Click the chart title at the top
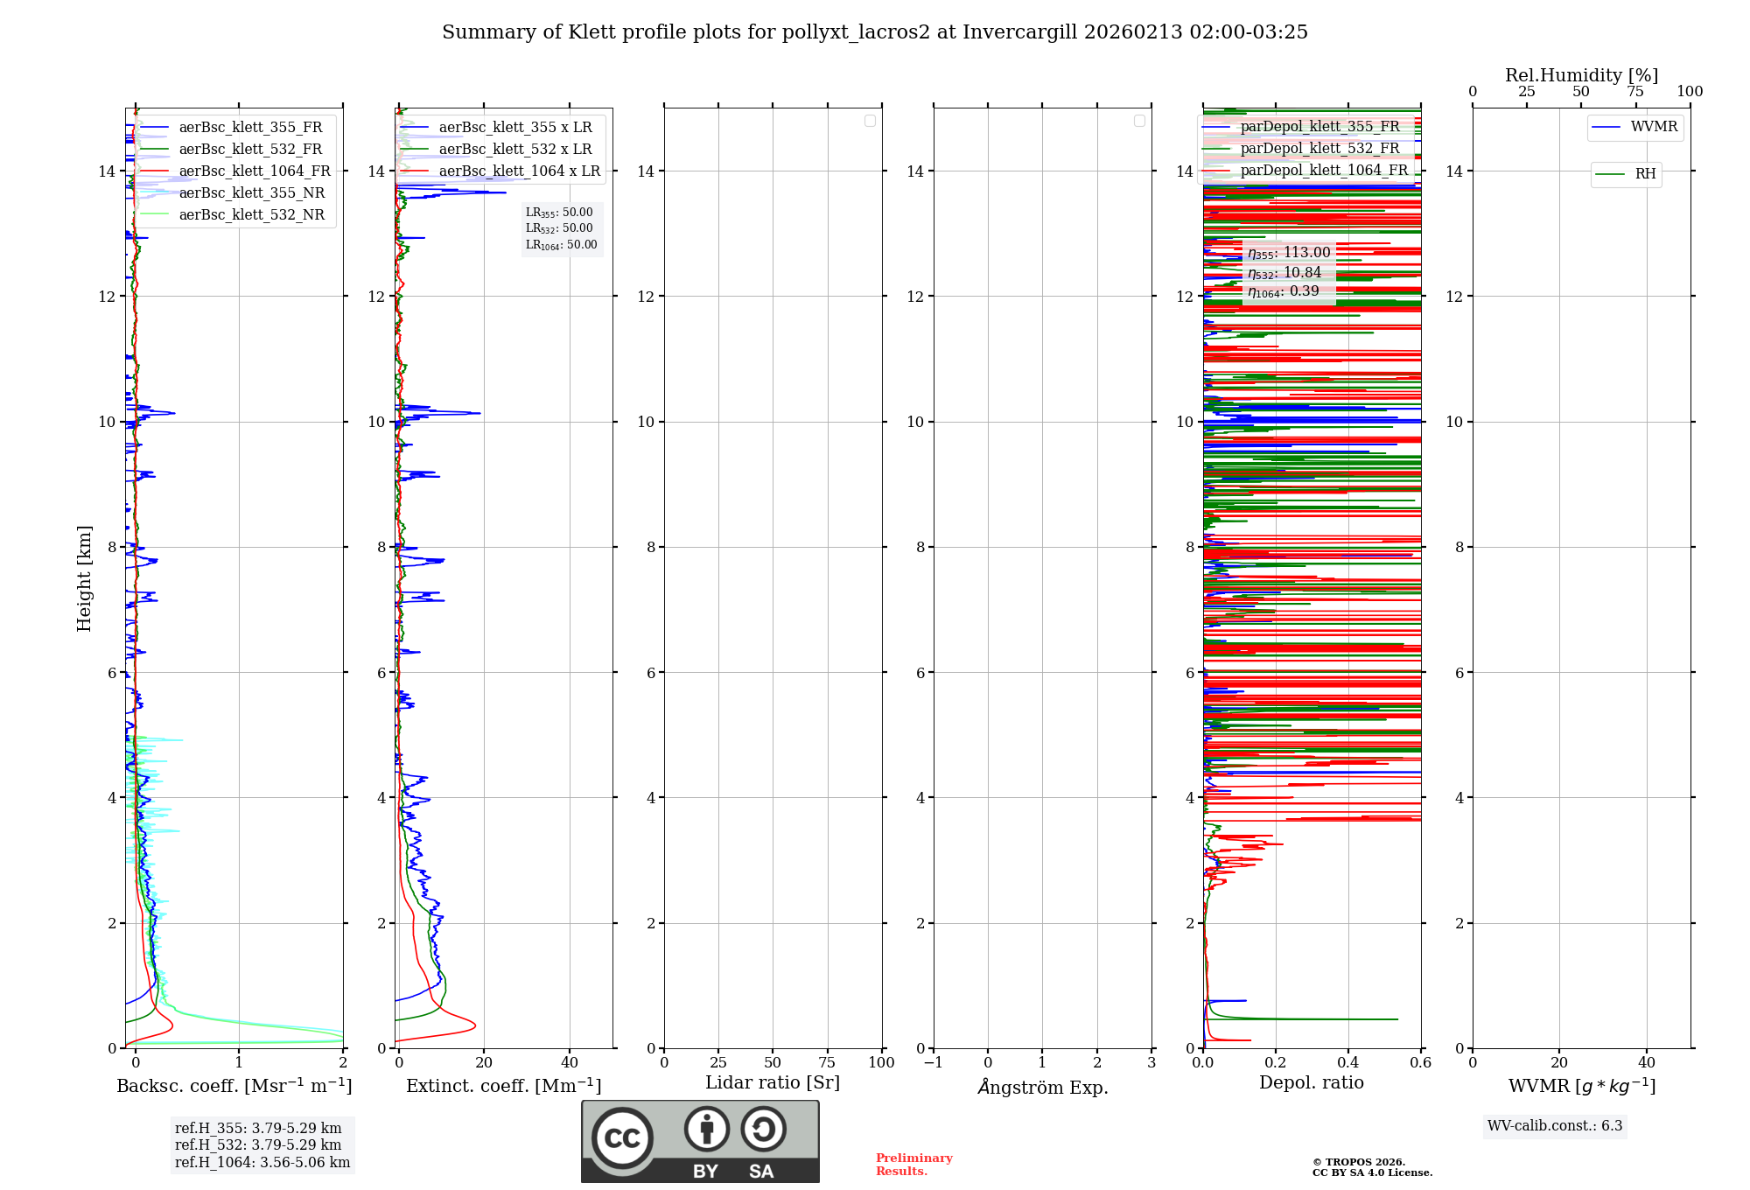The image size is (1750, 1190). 874,32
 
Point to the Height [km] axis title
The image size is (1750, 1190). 84,577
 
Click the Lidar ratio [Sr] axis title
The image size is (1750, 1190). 772,1083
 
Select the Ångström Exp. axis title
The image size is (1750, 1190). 1042,1087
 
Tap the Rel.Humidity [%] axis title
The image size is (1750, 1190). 1581,75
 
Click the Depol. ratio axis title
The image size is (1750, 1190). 1311,1083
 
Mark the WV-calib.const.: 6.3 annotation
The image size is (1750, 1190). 1554,1126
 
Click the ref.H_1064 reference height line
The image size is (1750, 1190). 262,1162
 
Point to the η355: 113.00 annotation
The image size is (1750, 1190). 1289,253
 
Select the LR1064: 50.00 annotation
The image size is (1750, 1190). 561,245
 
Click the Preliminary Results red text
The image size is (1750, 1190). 913,1165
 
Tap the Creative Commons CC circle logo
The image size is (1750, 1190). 622,1137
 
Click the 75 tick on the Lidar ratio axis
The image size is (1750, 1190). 827,1063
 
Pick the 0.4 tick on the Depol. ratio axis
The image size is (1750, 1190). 1347,1063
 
